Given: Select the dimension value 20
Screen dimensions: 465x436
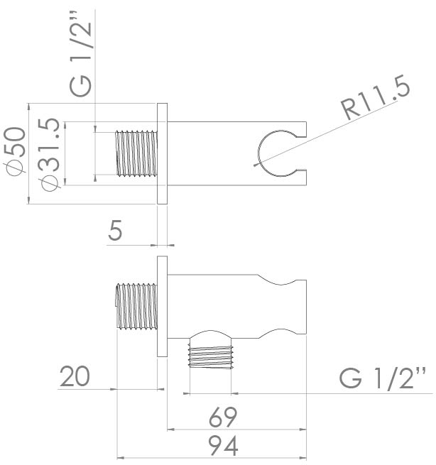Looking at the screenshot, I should pos(75,377).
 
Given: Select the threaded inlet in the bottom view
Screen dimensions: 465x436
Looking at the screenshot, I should pos(136,306).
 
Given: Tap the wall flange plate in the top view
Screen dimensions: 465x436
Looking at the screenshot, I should pos(162,153).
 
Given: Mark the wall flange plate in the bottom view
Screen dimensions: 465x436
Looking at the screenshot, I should pos(162,307).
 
